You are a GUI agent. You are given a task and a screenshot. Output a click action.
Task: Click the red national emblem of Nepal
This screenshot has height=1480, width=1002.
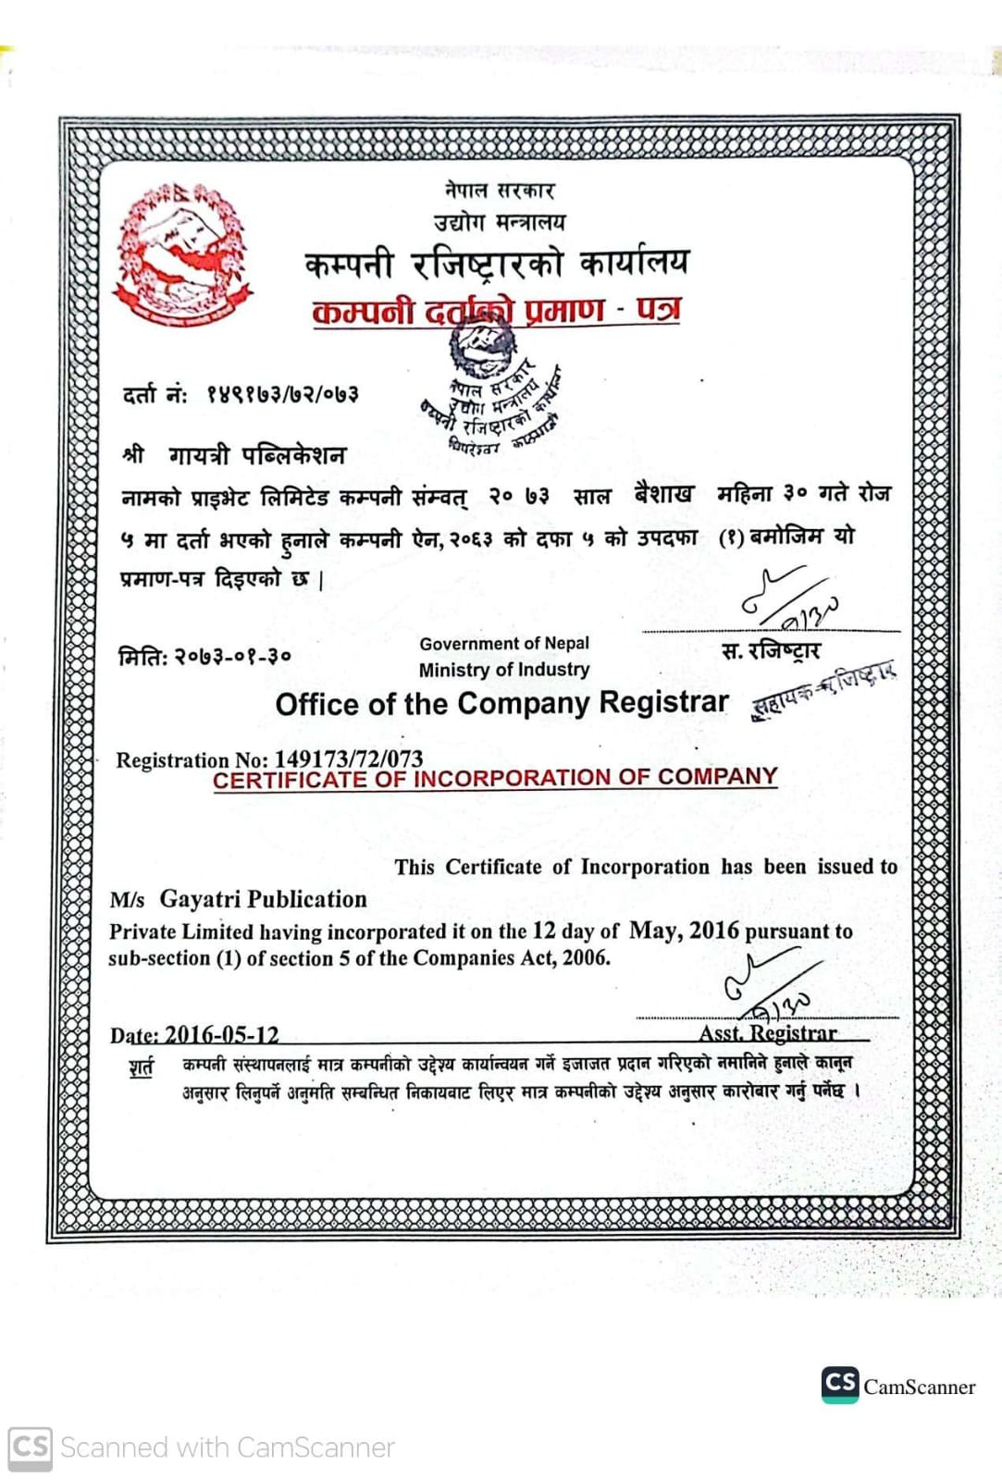tap(182, 254)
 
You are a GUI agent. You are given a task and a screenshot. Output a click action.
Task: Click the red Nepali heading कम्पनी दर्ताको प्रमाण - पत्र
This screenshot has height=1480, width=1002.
tap(496, 310)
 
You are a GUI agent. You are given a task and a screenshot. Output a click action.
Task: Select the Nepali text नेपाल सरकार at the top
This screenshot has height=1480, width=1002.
tap(500, 190)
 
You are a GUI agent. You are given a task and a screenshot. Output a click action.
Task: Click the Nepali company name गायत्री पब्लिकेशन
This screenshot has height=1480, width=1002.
tap(256, 455)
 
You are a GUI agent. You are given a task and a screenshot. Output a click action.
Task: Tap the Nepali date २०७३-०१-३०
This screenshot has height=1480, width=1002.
tap(232, 656)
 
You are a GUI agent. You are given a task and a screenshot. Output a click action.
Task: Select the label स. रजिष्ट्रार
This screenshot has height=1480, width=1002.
tap(770, 651)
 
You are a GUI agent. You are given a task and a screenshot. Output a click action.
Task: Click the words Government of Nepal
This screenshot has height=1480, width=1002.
tap(503, 643)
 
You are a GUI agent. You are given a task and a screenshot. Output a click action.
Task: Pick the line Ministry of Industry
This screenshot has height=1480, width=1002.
tap(503, 669)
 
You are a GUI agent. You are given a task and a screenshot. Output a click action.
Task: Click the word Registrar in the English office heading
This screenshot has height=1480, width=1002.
tap(663, 702)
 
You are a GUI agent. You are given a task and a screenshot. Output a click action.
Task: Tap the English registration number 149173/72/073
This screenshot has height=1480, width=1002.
tap(348, 758)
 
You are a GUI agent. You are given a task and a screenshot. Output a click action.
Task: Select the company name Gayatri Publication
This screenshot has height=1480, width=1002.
tap(263, 899)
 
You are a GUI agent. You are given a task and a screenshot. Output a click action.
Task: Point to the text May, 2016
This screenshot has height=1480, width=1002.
tap(684, 930)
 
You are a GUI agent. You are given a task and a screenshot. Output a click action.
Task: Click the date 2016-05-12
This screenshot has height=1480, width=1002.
tap(221, 1034)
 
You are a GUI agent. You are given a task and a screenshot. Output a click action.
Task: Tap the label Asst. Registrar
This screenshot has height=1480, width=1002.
tap(767, 1032)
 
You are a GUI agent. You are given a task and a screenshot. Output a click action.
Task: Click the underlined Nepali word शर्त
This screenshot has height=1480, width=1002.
tap(142, 1067)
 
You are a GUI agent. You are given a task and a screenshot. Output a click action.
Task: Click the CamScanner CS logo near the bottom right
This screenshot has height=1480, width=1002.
tap(839, 1384)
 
